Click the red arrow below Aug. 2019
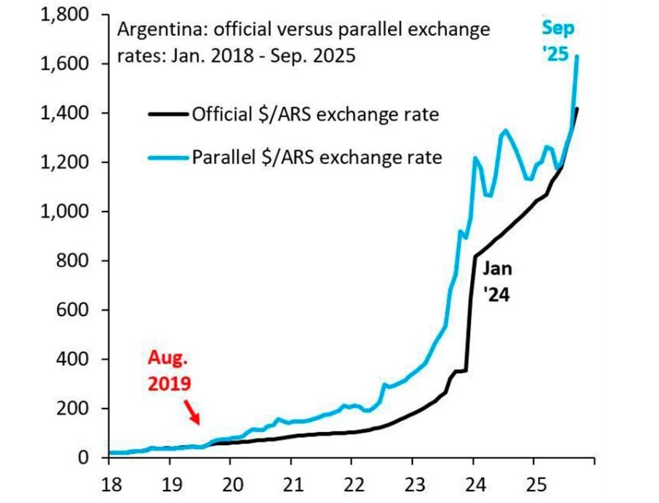click(x=190, y=411)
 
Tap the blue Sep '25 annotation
click(x=559, y=41)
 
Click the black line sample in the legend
click(x=168, y=113)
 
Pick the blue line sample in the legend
click(x=168, y=157)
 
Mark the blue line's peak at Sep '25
click(x=578, y=56)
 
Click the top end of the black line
click(x=578, y=109)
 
